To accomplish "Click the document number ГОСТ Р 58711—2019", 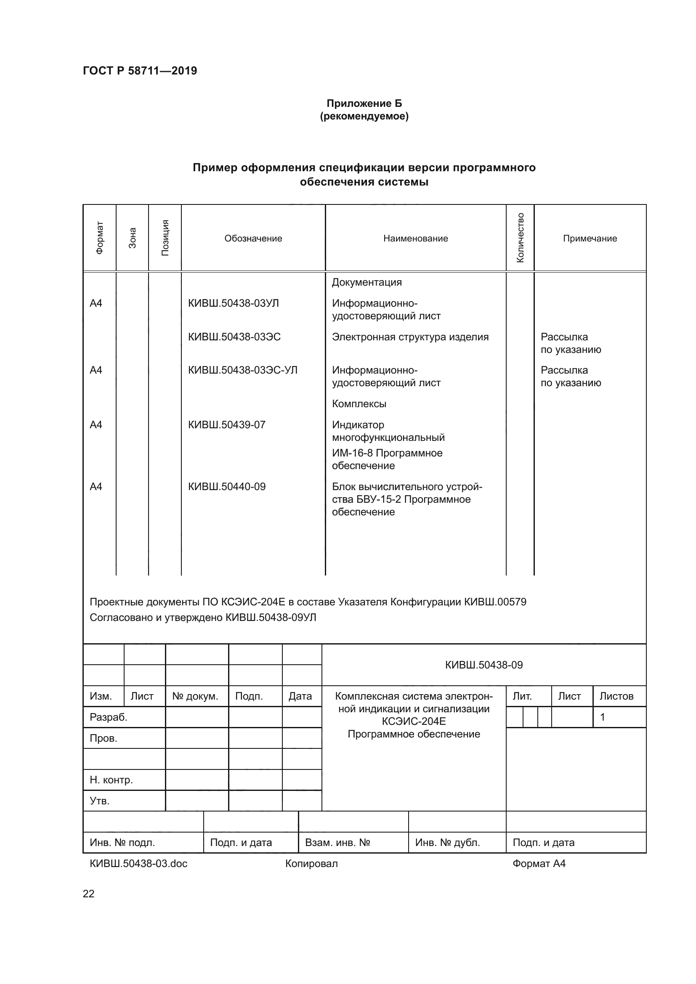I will coord(140,71).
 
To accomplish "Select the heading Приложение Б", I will coord(364,103).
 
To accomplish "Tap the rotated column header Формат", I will coord(99,238).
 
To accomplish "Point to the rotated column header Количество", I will coord(520,238).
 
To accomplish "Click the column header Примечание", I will coord(590,238).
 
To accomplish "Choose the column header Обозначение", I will coord(253,238).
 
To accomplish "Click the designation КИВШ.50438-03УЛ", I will coord(233,303).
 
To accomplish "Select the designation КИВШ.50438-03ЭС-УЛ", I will coord(242,370).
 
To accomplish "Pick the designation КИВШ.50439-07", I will coord(227,425).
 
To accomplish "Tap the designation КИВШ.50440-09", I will coord(227,486).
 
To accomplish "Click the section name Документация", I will coord(367,282).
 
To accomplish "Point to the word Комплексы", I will coord(359,404).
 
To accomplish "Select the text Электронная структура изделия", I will coord(410,337).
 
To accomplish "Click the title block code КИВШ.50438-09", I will coord(484,665).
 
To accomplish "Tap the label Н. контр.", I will coord(111,780).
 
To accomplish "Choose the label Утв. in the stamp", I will coord(99,801).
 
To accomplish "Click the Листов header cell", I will coord(616,696).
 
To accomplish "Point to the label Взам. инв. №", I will coord(337,843).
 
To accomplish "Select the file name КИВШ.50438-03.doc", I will coord(138,864).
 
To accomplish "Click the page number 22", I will coord(88,894).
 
